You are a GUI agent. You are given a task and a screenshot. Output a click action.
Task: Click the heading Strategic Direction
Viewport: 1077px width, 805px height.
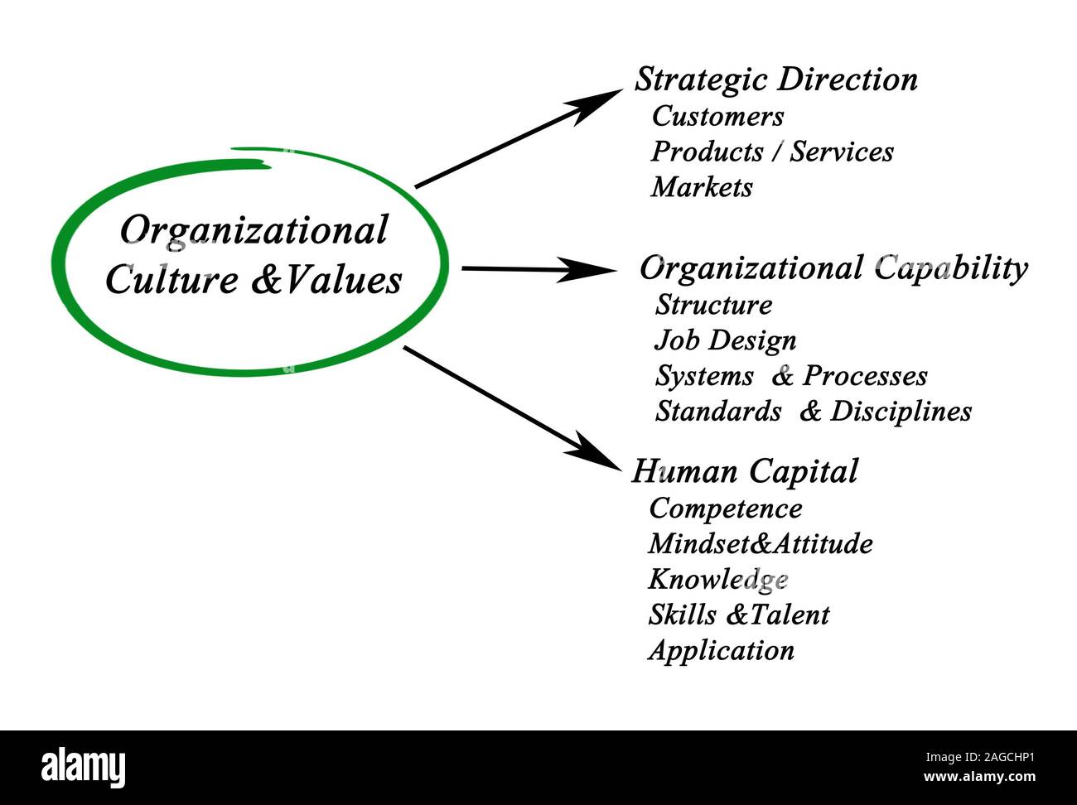click(776, 80)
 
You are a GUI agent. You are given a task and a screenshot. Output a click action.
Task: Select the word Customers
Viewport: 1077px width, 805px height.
click(717, 116)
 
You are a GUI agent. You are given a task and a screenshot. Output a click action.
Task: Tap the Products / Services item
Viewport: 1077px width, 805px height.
click(772, 152)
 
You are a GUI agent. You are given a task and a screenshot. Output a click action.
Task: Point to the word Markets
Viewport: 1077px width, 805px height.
click(702, 187)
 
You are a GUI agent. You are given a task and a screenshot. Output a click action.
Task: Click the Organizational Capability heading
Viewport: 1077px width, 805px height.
click(833, 268)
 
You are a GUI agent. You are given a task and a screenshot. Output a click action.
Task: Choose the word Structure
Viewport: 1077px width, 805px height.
click(713, 305)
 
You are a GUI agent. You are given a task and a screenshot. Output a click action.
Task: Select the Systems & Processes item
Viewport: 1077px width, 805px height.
click(791, 376)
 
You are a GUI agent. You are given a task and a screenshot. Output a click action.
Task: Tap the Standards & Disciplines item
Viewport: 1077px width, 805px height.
click(813, 412)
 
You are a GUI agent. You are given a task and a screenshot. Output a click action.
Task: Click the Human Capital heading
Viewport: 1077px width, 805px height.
click(745, 471)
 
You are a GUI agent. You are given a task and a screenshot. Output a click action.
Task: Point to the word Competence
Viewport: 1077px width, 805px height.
click(725, 508)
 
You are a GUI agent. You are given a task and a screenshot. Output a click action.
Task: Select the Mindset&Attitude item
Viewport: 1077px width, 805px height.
click(760, 543)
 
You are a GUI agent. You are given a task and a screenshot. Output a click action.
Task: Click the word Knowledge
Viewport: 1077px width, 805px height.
click(717, 579)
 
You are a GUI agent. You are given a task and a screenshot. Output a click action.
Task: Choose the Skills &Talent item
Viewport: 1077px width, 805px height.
click(738, 615)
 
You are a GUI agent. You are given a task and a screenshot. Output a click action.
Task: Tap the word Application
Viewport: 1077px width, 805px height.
click(721, 650)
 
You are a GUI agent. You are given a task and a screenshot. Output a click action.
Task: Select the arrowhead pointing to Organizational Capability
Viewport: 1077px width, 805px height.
click(592, 269)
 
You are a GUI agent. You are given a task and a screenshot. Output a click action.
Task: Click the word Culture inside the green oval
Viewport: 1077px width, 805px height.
click(171, 279)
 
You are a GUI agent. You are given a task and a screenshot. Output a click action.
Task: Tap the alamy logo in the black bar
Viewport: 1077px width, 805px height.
click(84, 767)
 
